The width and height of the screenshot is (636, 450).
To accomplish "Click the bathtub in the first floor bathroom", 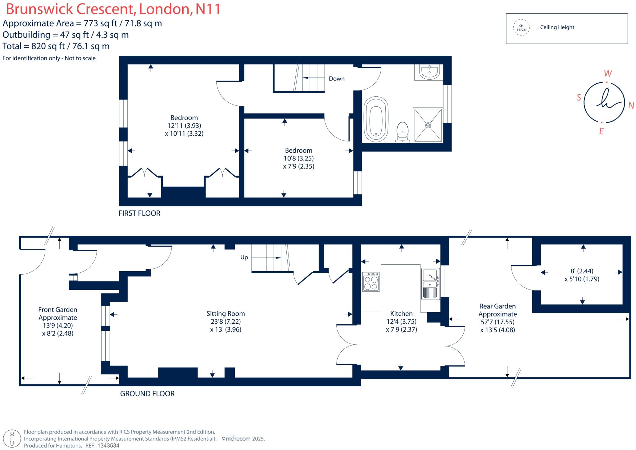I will tap(376, 120).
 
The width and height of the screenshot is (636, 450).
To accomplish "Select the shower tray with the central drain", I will tap(428, 125).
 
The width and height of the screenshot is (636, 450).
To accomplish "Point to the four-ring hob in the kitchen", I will tap(371, 282).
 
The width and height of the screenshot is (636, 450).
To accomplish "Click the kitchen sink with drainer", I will tap(430, 284).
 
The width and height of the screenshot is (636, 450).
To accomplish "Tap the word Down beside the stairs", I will tap(337, 79).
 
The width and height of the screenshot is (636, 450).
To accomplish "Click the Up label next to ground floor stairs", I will tap(244, 257).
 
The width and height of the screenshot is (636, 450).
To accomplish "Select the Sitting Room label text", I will tap(225, 313).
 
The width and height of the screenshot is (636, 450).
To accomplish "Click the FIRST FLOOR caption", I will tap(139, 213).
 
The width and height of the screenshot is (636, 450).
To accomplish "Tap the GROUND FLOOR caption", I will tap(147, 394).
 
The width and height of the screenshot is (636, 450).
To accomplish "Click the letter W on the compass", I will tap(608, 74).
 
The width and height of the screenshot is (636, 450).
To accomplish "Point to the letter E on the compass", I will tap(601, 132).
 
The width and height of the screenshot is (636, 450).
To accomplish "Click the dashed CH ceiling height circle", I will tap(521, 28).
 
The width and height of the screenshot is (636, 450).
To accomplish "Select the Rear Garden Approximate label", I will tap(497, 310).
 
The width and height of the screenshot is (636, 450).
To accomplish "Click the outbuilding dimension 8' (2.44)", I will tap(582, 271).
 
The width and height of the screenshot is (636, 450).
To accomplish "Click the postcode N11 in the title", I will tap(208, 9).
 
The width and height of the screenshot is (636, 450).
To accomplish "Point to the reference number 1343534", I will tap(108, 445).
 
